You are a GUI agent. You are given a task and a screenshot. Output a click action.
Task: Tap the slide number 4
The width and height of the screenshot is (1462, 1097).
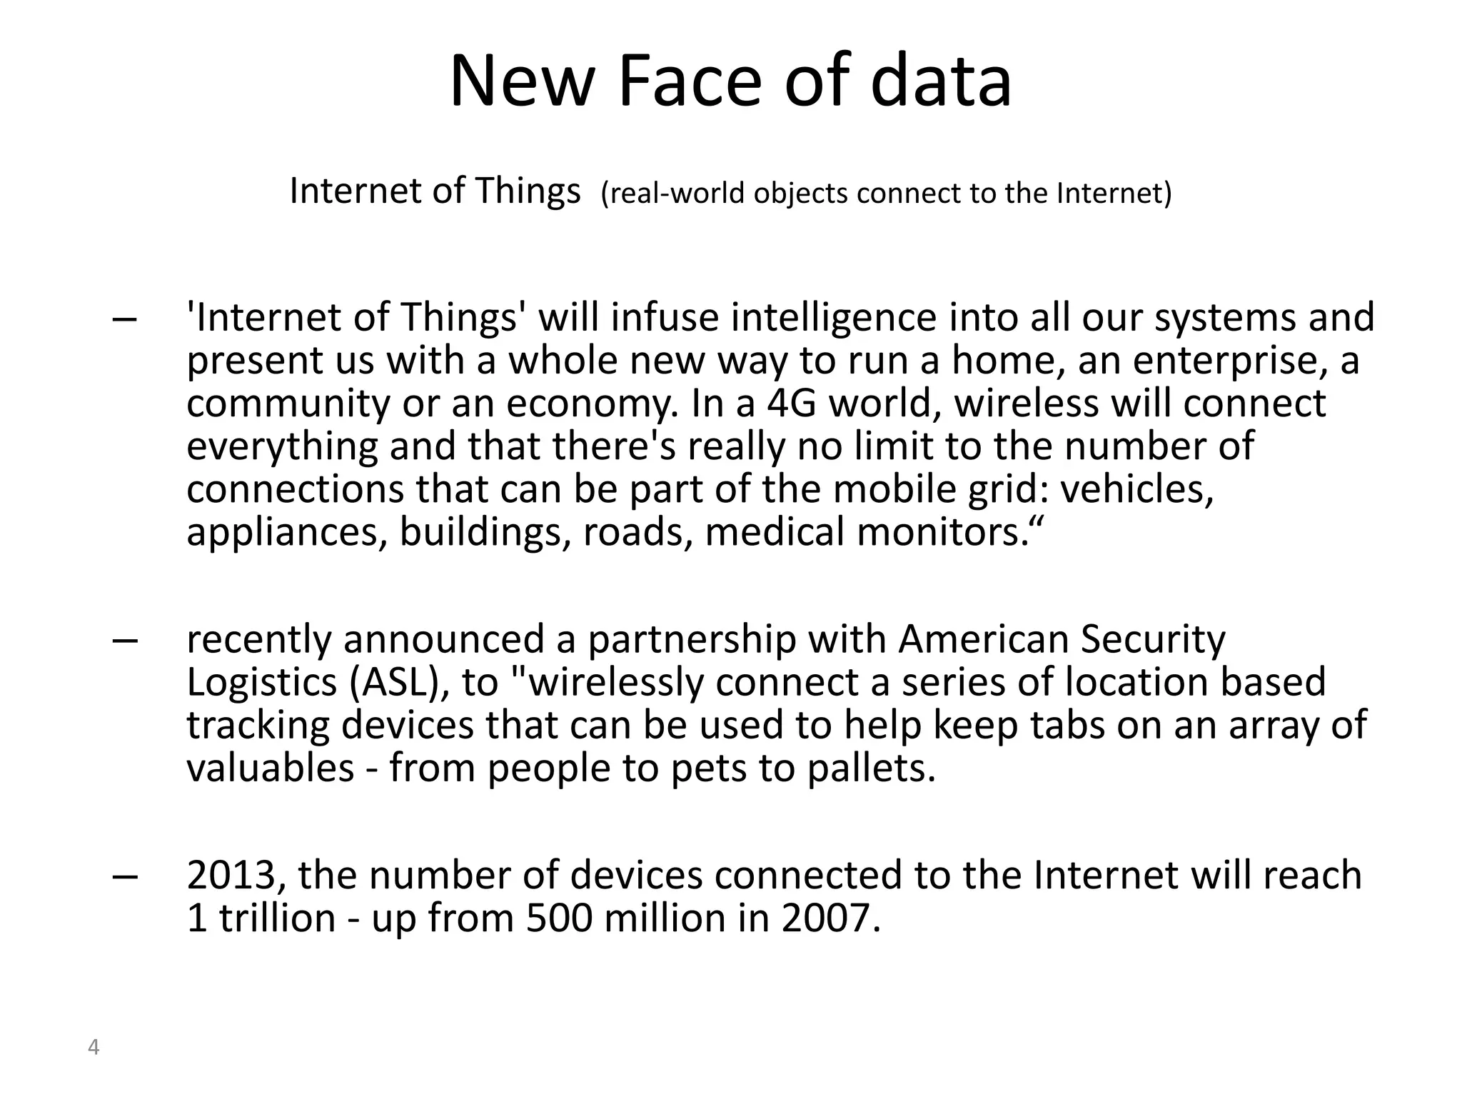pos(93,1048)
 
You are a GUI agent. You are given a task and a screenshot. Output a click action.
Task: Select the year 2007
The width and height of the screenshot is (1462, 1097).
pos(831,918)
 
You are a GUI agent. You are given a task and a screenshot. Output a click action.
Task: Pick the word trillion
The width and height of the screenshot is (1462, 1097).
pos(277,918)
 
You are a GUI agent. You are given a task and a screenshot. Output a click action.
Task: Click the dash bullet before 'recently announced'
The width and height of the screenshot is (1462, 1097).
pos(125,641)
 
